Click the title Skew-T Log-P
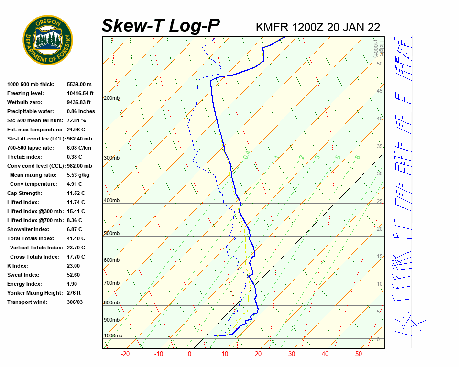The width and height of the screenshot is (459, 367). [161, 26]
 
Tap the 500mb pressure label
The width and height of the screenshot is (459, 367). [111, 233]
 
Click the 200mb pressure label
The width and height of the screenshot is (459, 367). [111, 98]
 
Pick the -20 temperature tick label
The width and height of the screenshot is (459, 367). [125, 354]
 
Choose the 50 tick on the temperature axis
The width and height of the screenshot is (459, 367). [359, 354]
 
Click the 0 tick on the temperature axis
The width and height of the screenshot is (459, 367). [189, 354]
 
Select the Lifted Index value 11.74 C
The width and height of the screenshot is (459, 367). [76, 202]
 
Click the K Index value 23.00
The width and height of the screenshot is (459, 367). [73, 266]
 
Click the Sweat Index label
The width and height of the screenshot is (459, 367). [23, 275]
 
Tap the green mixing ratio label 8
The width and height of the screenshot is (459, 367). [357, 157]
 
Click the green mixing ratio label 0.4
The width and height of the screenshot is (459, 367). [247, 154]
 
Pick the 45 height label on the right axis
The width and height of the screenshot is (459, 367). [380, 91]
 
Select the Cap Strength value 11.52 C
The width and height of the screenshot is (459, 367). [76, 193]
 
